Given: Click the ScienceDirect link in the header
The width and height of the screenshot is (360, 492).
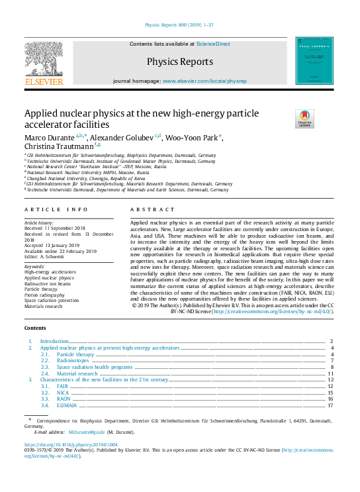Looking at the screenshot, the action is (213, 44).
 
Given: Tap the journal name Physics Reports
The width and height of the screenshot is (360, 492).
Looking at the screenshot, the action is (180, 62).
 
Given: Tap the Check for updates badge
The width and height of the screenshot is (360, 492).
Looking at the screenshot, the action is (305, 119).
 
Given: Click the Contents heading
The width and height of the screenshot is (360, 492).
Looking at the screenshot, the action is (35, 328).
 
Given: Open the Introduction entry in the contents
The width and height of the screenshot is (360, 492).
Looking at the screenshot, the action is (55, 342).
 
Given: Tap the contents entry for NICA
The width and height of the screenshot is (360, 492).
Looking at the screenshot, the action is (64, 393).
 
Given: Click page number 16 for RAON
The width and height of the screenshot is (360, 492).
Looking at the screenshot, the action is (330, 399).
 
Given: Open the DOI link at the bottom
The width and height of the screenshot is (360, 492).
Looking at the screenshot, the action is (71, 445).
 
